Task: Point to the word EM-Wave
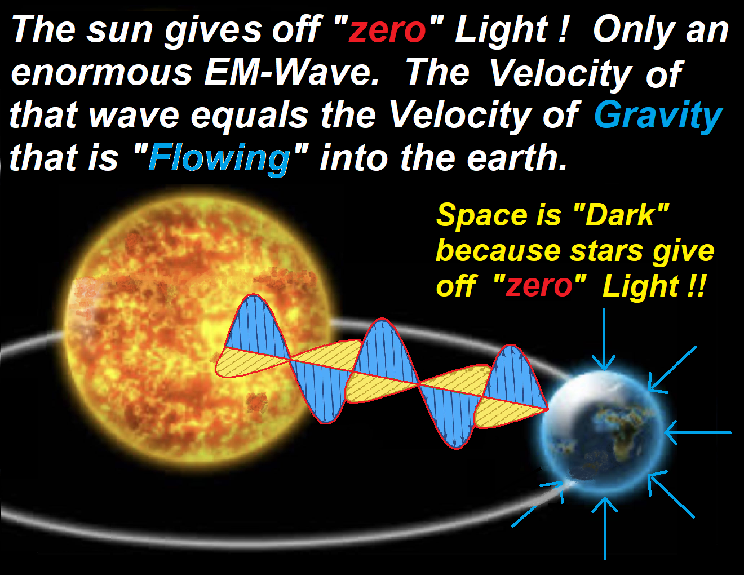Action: (291, 73)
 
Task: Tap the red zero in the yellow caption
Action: (539, 286)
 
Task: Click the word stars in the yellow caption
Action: (606, 251)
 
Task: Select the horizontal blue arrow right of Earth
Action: (698, 432)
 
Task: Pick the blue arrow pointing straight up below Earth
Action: (605, 528)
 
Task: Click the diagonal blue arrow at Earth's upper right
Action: (672, 369)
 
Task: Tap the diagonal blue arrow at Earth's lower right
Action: (671, 494)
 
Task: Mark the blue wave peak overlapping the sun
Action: (258, 325)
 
